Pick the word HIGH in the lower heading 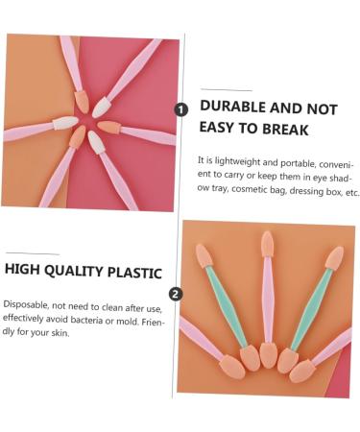25,272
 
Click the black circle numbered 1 181,109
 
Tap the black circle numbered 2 176,295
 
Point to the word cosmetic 259,192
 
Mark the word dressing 316,192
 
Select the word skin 66,334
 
